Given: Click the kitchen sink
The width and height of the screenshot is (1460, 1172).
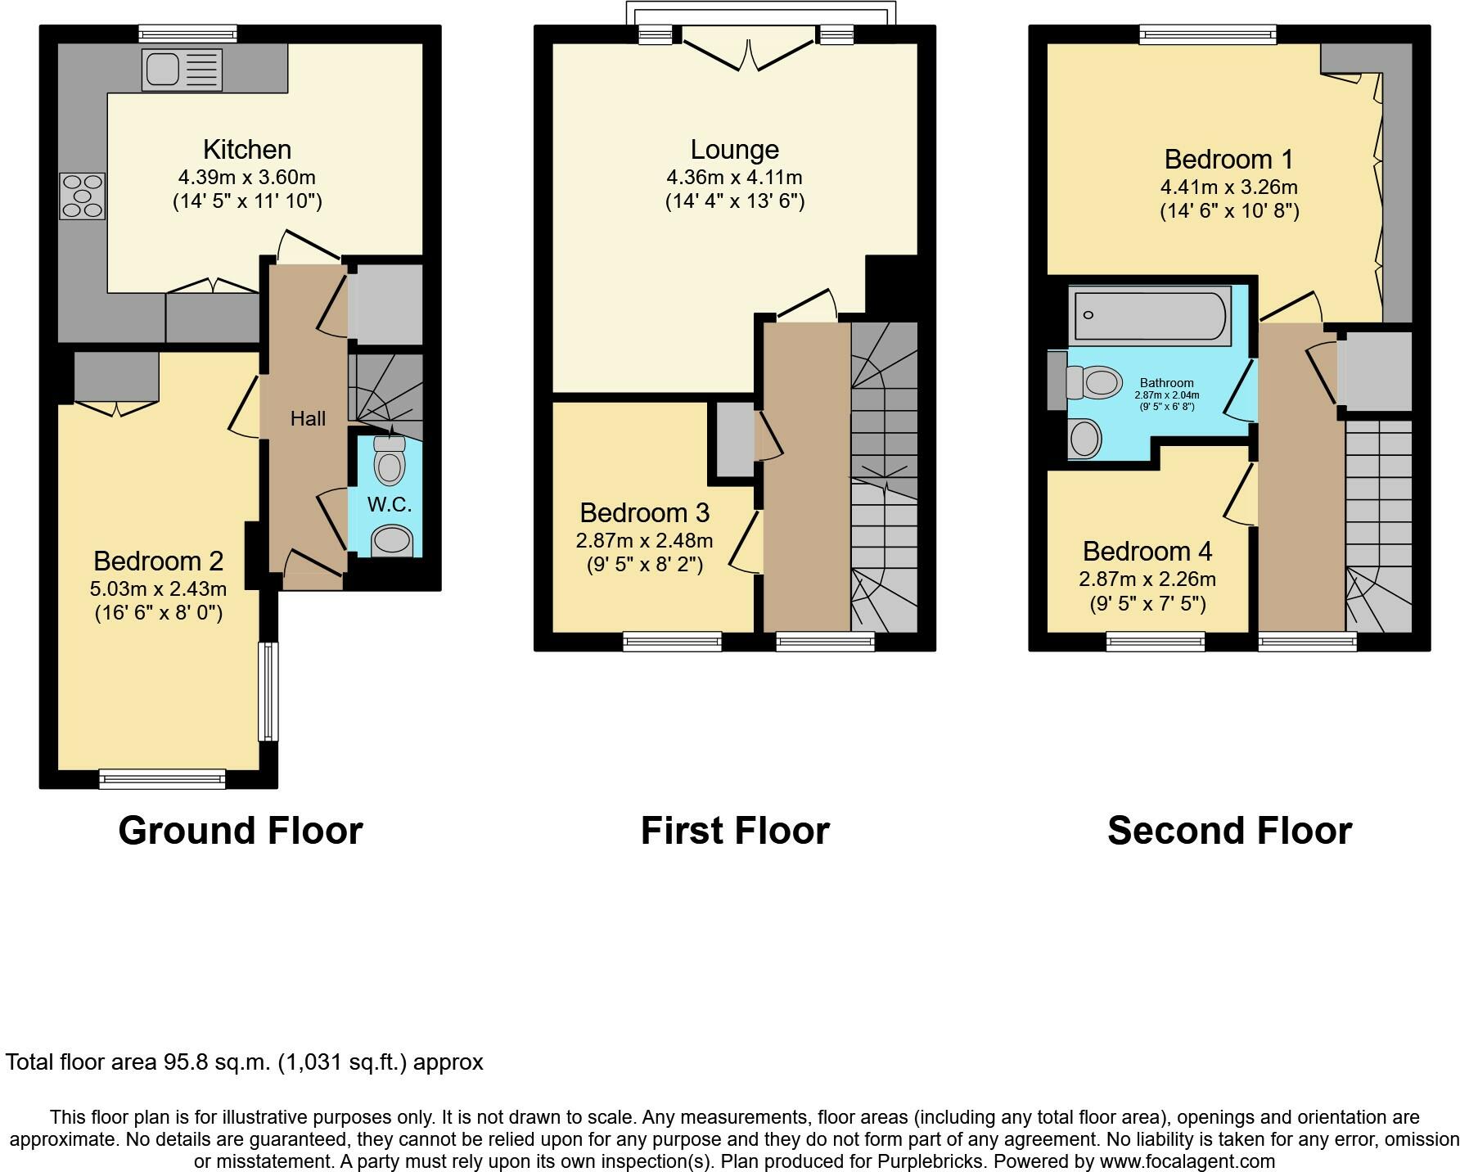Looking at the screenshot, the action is (182, 69).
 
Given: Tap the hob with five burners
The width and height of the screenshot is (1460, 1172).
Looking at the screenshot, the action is (83, 196).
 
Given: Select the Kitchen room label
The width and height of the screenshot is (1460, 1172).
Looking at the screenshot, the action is (247, 150).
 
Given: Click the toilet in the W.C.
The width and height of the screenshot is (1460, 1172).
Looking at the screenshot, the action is (390, 459).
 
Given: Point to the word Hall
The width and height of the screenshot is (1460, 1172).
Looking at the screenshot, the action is (308, 419).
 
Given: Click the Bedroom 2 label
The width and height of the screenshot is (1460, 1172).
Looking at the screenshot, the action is (159, 561).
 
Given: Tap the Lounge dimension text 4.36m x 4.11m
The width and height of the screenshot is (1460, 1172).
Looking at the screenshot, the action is (735, 177).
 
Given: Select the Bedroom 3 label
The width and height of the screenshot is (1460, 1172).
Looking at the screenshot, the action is (645, 513).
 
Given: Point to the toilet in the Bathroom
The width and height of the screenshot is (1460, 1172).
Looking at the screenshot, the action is (1093, 382).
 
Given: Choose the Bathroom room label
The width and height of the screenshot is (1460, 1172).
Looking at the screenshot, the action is (1167, 383).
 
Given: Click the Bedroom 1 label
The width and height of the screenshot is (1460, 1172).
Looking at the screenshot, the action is (1229, 159).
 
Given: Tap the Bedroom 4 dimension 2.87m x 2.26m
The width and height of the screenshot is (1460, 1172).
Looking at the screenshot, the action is (1147, 579).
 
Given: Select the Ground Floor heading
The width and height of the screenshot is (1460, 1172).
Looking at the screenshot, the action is (241, 831).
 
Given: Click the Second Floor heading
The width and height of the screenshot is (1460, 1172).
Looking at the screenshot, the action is (1229, 831).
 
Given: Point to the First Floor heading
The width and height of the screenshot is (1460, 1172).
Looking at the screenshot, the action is (735, 831).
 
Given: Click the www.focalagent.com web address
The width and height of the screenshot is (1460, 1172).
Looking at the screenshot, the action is (1187, 1161).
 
